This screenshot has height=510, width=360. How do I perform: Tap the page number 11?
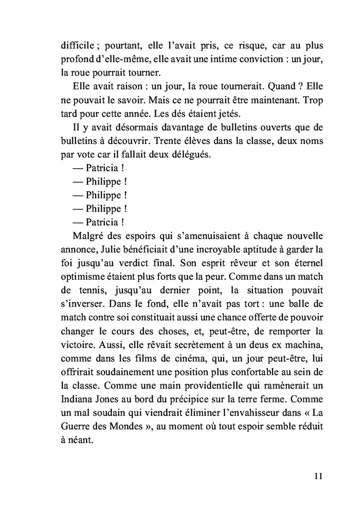pos(317,476)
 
